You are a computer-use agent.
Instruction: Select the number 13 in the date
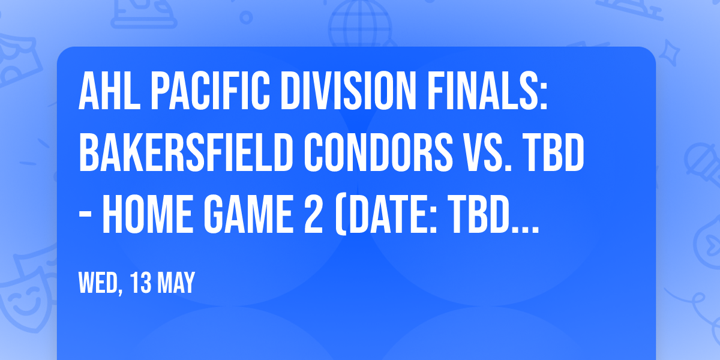[x=145, y=283]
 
